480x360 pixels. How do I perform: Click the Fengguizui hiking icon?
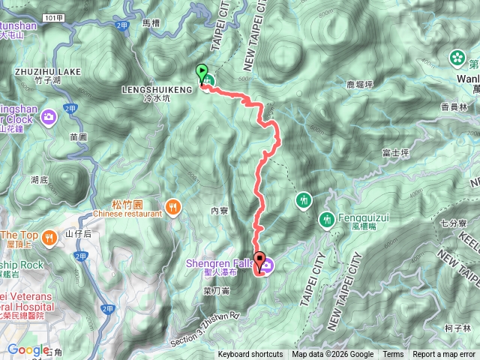(x=327, y=220)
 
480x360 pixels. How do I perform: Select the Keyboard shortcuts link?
(x=250, y=355)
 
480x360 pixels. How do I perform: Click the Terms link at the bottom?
(x=393, y=355)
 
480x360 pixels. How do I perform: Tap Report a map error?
(x=445, y=355)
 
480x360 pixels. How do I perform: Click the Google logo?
(x=28, y=349)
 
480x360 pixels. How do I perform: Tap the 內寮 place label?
(x=219, y=211)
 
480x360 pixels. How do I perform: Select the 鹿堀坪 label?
(x=360, y=85)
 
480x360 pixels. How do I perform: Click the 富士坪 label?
(x=394, y=152)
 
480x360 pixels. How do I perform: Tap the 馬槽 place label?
(x=152, y=24)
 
